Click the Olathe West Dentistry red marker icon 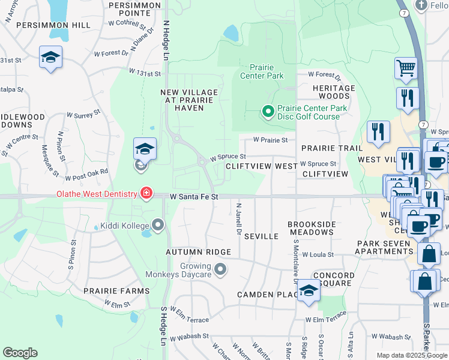click(145, 193)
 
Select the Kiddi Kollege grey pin click(158, 225)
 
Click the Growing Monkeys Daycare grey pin click(220, 269)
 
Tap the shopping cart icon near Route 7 click(406, 69)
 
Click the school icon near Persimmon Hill click(50, 58)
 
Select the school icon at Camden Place click(309, 291)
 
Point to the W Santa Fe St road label click(193, 196)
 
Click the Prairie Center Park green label click(262, 71)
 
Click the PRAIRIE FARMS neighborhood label click(116, 291)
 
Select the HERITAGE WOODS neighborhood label click(334, 92)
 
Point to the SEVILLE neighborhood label click(261, 236)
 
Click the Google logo click(20, 353)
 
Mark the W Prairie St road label click(270, 140)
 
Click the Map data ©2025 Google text click(412, 355)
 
